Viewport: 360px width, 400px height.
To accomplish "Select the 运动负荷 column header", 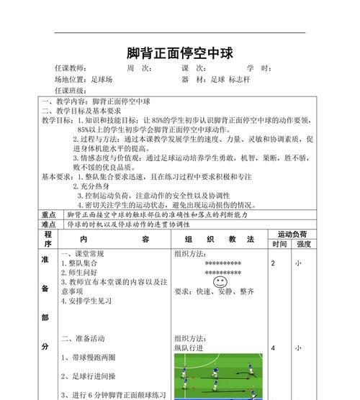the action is click(x=292, y=234).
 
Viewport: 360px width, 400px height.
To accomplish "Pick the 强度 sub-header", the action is click(x=304, y=244).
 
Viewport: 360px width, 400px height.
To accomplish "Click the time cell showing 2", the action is click(x=274, y=263).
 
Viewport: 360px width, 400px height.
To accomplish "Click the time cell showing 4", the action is click(x=274, y=348).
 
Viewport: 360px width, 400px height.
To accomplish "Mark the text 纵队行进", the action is click(x=189, y=348).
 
